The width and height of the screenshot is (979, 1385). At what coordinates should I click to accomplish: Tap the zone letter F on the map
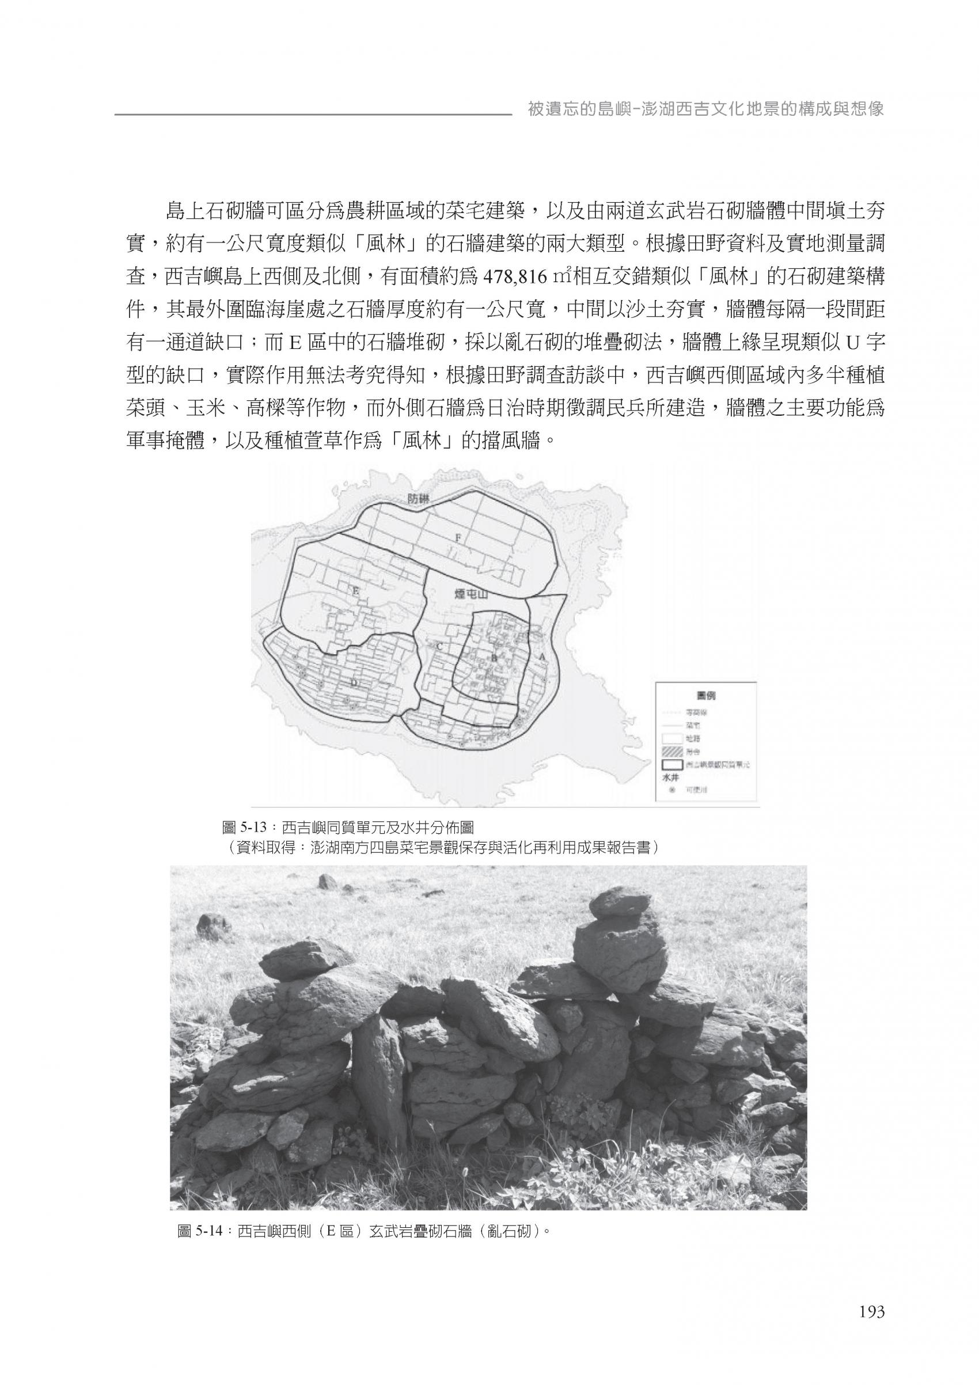457,535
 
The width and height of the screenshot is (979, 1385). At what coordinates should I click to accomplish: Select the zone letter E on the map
356,593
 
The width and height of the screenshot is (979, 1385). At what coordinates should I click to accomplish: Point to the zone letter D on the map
354,682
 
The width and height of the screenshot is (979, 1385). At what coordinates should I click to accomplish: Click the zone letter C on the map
439,646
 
